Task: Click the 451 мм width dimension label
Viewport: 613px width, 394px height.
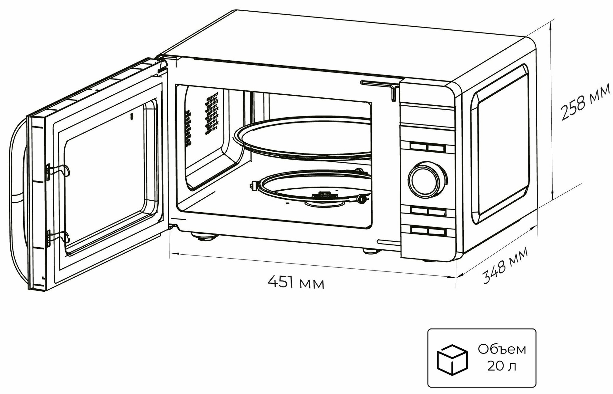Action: [x=295, y=282]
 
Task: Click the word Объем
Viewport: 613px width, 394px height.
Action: [x=502, y=350]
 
